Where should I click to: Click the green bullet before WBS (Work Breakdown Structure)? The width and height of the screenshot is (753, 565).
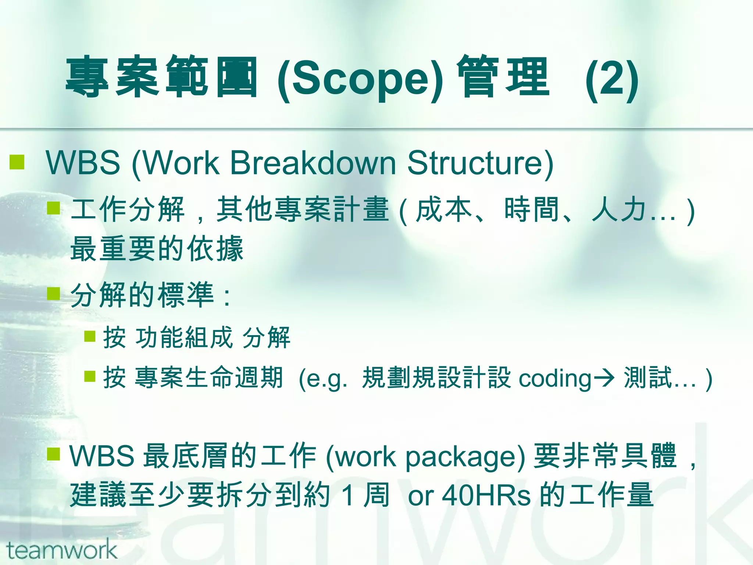[x=17, y=162]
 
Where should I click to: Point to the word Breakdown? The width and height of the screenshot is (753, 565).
[x=313, y=163]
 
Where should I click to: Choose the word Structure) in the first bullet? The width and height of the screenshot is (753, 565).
[x=480, y=163]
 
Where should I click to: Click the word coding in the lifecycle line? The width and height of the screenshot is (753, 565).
[x=554, y=378]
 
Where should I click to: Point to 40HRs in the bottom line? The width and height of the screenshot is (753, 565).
[x=486, y=495]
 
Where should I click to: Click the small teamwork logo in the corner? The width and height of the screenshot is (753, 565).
[x=61, y=550]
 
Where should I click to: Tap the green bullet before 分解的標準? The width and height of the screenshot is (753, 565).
[x=54, y=294]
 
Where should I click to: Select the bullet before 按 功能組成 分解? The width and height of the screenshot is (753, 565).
[x=90, y=336]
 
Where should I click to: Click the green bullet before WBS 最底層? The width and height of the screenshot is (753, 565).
[x=54, y=454]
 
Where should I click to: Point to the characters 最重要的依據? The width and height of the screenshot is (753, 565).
[x=157, y=249]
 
